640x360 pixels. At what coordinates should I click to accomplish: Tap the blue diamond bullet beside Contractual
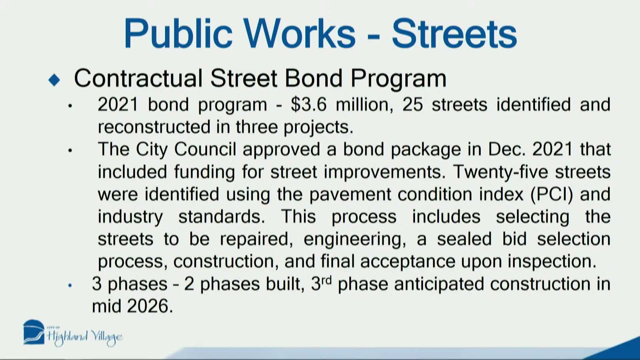point(54,80)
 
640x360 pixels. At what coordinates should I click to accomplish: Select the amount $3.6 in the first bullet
point(308,105)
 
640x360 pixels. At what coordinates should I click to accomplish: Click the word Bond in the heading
point(313,78)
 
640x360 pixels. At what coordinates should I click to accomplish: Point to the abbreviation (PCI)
point(551,194)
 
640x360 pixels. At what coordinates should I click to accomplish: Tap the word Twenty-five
point(500,172)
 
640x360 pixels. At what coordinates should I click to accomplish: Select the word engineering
point(355,239)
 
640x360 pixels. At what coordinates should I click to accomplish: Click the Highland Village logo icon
point(33,332)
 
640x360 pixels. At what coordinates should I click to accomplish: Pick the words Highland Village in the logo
point(85,337)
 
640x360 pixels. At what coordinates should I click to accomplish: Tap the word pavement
point(350,194)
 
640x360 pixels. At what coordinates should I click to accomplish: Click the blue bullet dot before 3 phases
point(70,285)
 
